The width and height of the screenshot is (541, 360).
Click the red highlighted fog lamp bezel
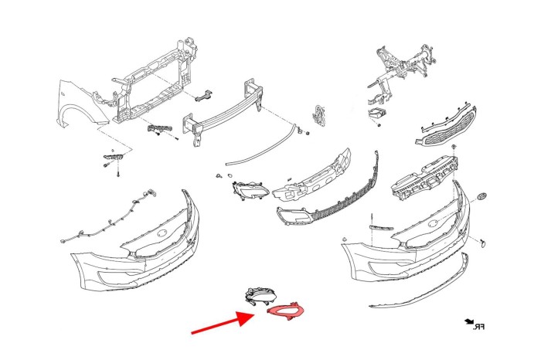(x=288, y=309)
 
